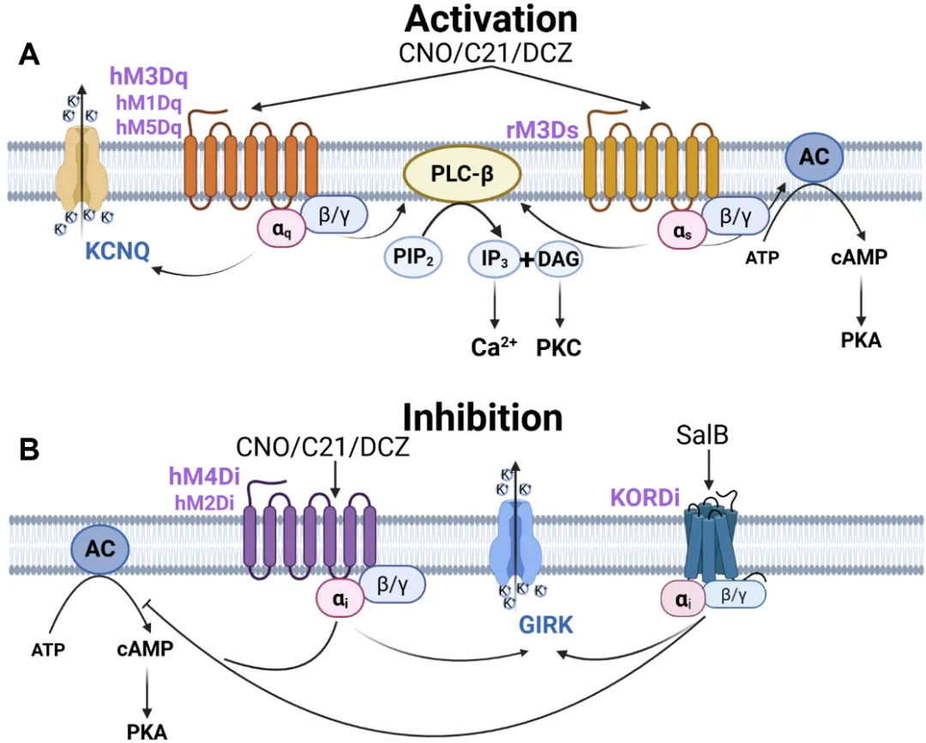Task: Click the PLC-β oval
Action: click(x=462, y=174)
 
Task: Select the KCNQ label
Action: click(x=118, y=251)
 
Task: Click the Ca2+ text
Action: click(x=494, y=348)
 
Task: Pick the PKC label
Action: click(x=561, y=349)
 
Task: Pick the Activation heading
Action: click(x=491, y=19)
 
